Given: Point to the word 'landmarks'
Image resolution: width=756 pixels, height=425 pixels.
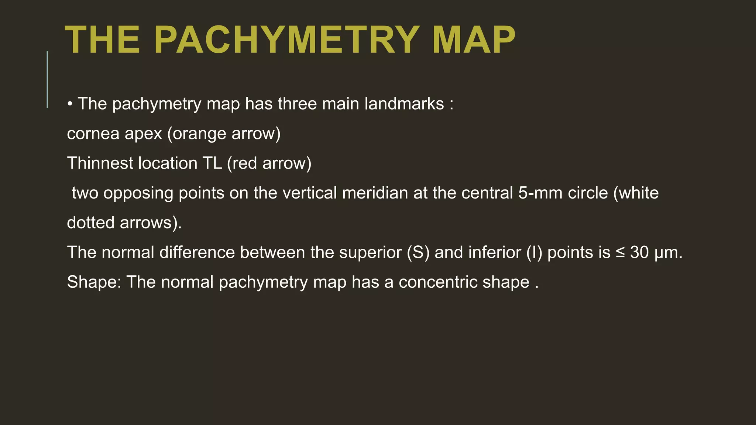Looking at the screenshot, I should point(404,104).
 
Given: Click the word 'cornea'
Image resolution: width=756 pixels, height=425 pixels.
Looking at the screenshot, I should point(93,134).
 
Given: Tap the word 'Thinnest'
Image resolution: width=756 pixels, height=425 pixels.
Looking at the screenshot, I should point(100,163).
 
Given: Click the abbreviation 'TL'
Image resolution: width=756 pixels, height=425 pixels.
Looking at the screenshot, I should point(212,163).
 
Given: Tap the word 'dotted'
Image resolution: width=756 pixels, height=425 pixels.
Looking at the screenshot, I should point(90,223).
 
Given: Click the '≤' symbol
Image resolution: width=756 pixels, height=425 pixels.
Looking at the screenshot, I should point(620,253).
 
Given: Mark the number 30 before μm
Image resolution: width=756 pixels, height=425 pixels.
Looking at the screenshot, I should point(639,253).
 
